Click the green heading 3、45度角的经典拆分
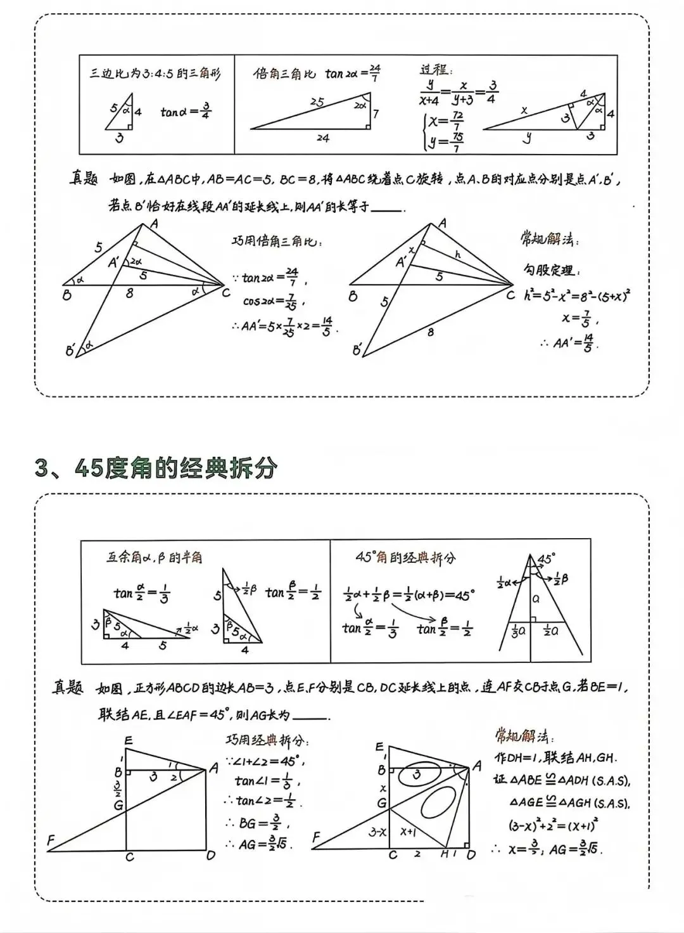pyautogui.click(x=156, y=468)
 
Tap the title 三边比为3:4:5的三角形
pyautogui.click(x=155, y=74)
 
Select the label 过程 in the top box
pyautogui.click(x=436, y=70)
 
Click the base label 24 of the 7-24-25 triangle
pyautogui.click(x=323, y=138)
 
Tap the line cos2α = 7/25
pyautogui.click(x=274, y=300)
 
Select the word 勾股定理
pyautogui.click(x=548, y=270)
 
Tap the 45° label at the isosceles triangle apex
pyautogui.click(x=546, y=559)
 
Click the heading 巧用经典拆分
pyautogui.click(x=267, y=740)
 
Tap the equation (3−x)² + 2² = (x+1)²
pyautogui.click(x=554, y=825)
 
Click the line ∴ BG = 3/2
pyautogui.click(x=256, y=823)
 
